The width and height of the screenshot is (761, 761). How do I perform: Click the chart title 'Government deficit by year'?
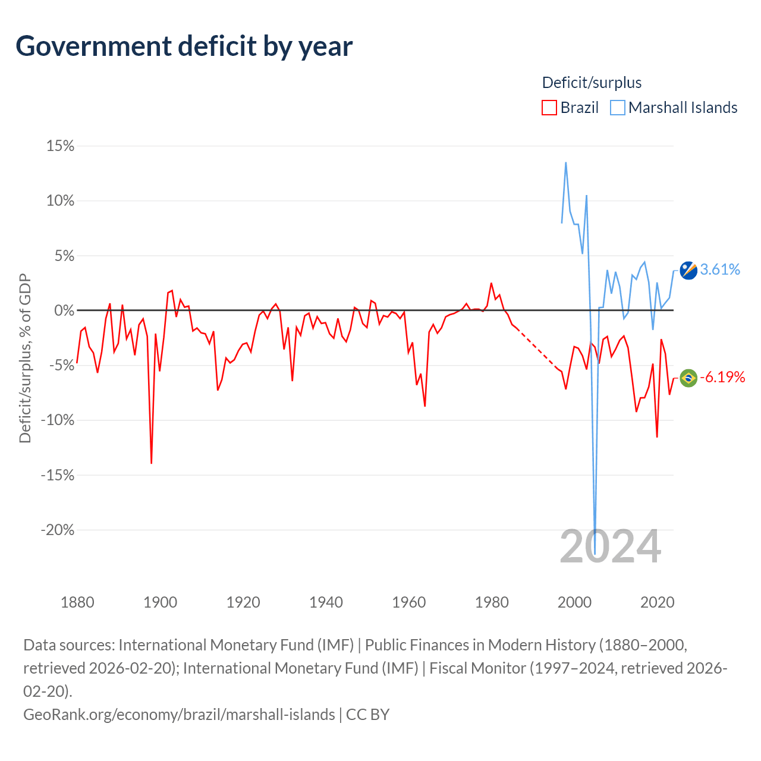[184, 46]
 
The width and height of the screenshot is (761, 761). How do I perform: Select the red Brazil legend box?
[549, 108]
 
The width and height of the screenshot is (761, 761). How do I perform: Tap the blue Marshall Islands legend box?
[617, 108]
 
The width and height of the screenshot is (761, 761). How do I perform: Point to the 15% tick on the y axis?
[60, 146]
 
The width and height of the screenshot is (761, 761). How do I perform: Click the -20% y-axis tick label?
[58, 530]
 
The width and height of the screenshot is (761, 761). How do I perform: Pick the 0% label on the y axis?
[64, 310]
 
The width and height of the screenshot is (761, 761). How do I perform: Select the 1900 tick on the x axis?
[160, 602]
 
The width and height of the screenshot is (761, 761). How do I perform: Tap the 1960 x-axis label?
[408, 602]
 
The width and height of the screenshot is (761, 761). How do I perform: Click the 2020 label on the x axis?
[657, 602]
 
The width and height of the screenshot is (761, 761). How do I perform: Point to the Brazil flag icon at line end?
[688, 378]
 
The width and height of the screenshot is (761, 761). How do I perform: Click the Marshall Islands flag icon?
[688, 271]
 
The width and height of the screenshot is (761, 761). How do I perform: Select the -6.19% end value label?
[722, 377]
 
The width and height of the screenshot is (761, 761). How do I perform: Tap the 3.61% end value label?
[719, 269]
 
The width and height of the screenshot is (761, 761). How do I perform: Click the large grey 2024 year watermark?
[610, 546]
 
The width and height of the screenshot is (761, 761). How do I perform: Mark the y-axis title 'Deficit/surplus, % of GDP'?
[25, 358]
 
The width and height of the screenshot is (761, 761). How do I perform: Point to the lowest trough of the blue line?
[595, 554]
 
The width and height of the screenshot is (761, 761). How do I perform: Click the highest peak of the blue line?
[565, 163]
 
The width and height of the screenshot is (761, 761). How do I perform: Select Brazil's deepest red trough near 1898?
[151, 463]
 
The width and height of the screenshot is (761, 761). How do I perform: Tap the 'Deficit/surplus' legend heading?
[591, 83]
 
